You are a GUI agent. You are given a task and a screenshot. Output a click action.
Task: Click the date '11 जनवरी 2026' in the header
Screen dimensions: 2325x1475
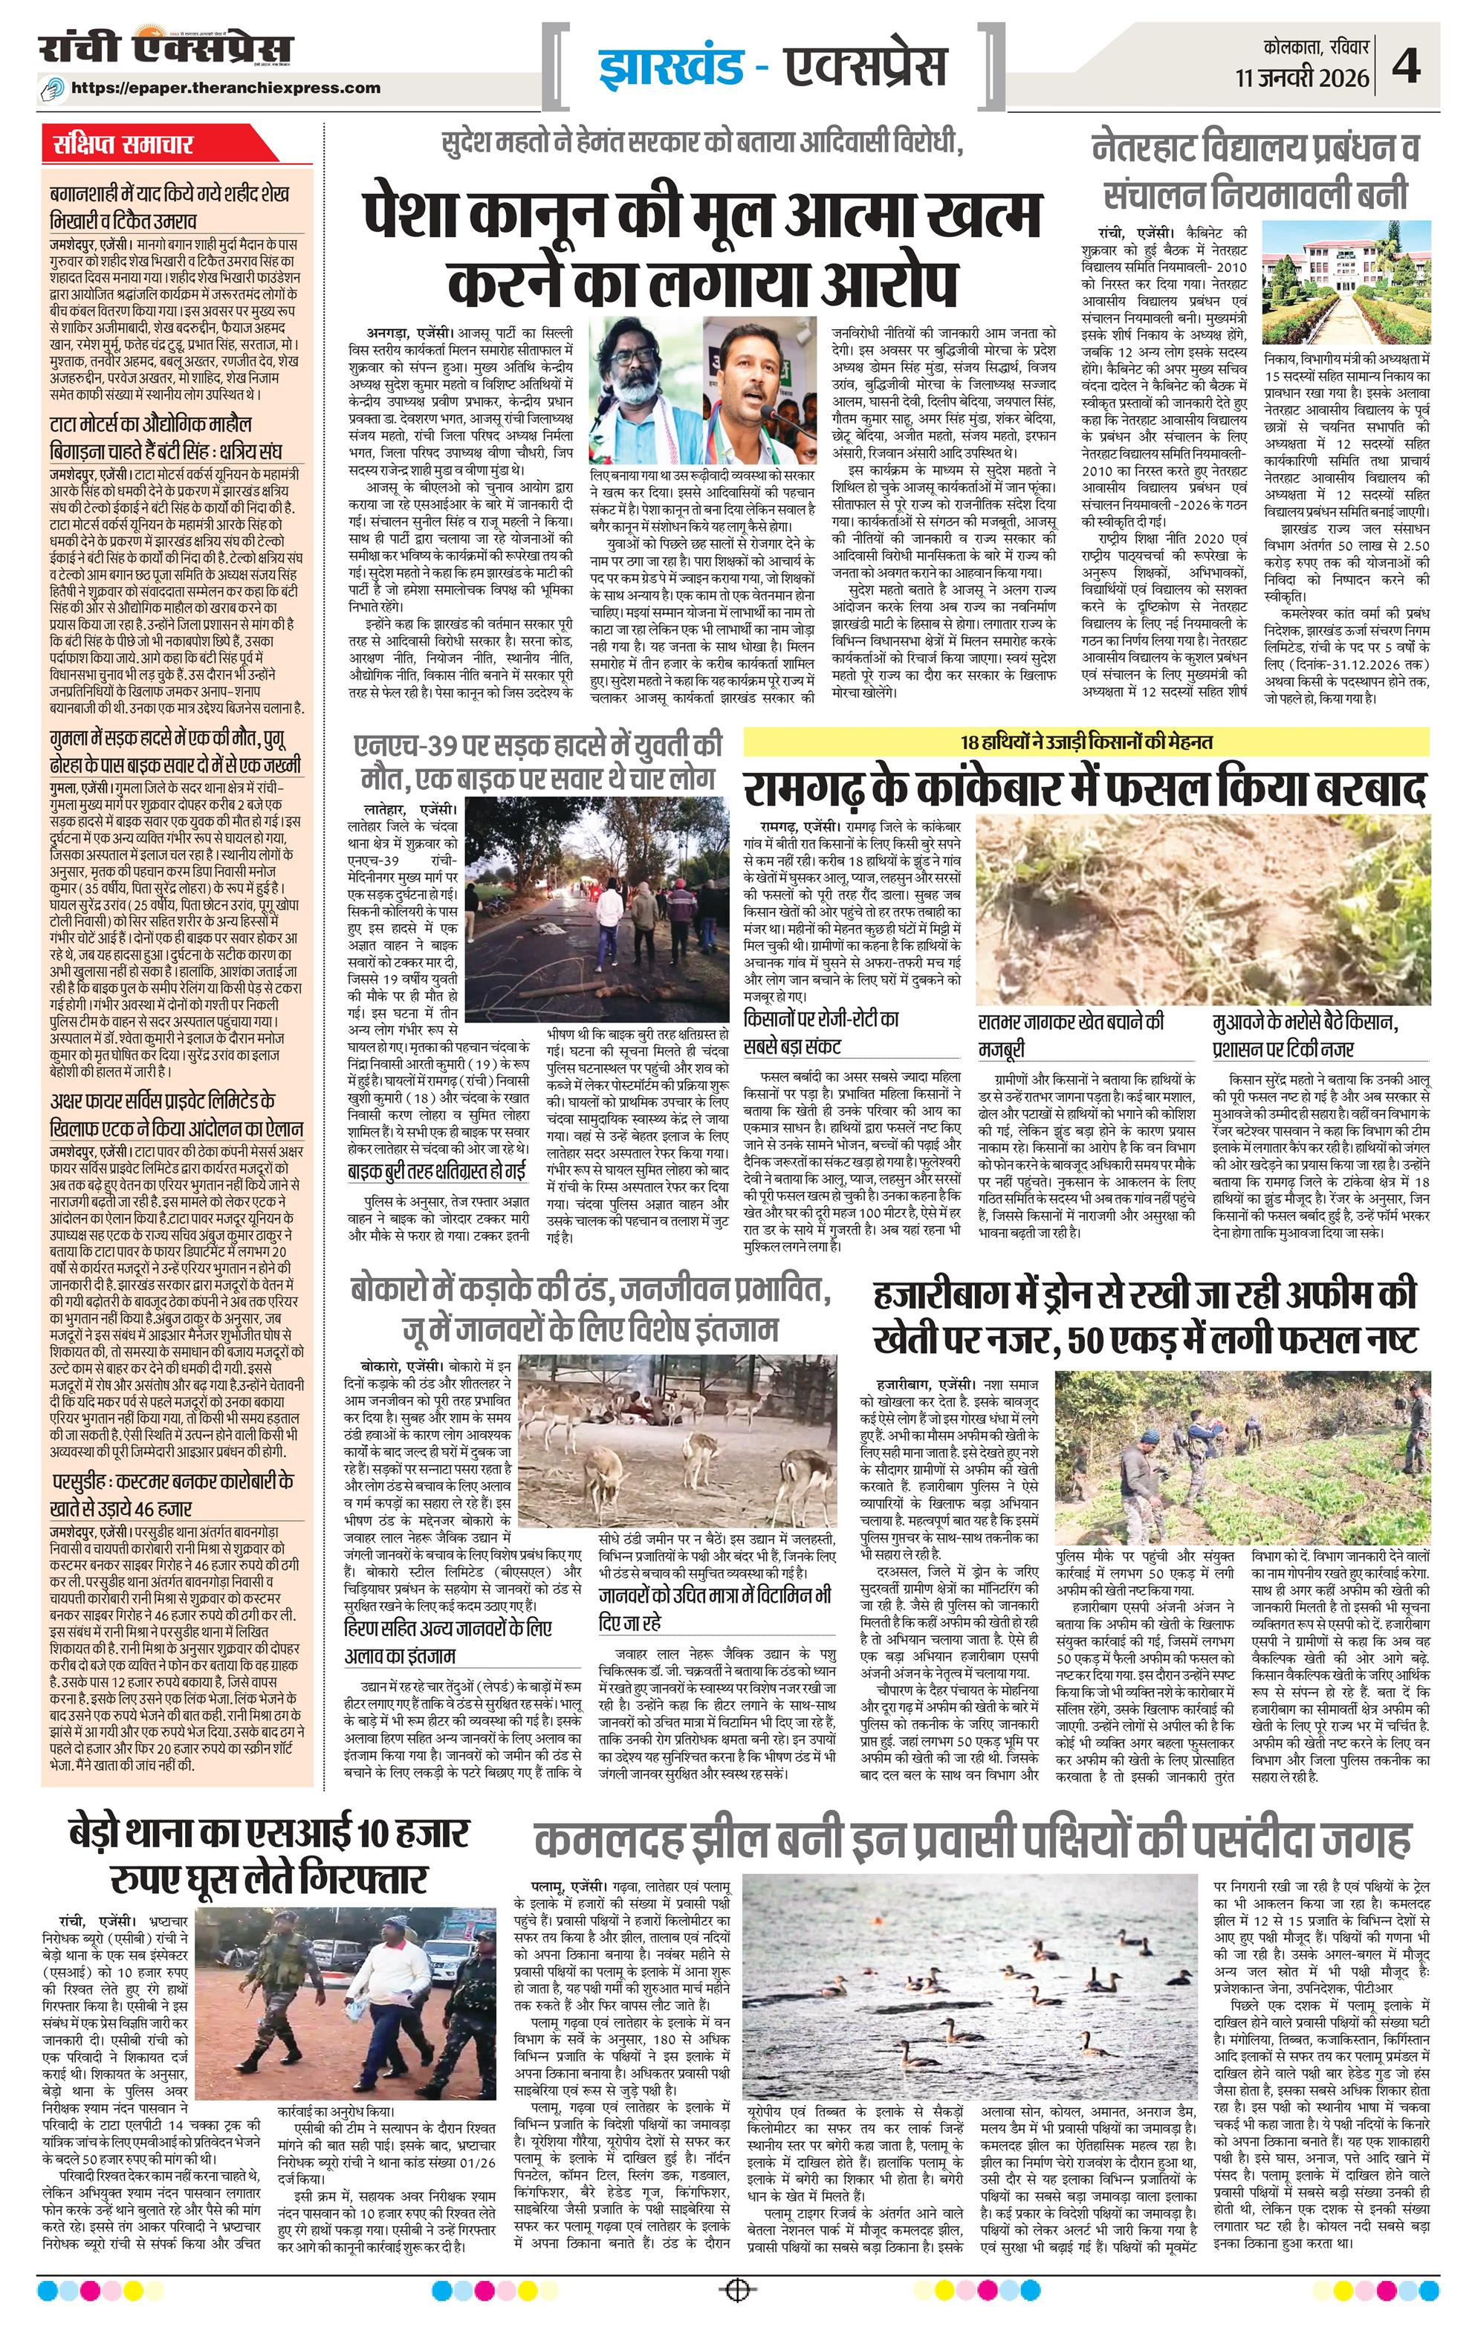(x=1302, y=77)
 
